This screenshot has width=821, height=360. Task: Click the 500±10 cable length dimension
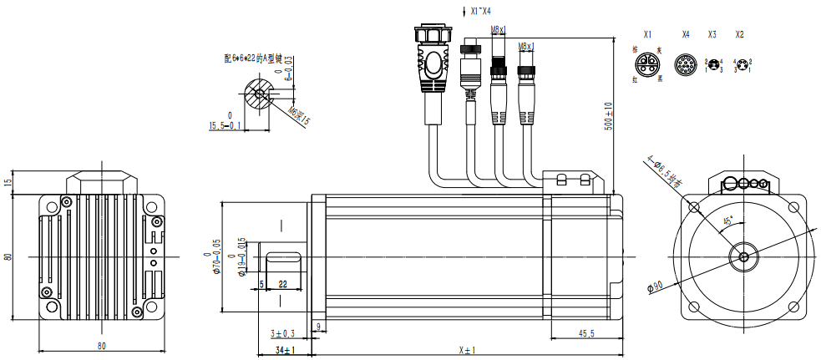[609, 116]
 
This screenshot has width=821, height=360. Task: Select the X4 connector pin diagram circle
[686, 65]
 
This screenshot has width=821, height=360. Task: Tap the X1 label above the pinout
[647, 35]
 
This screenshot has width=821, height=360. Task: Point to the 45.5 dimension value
[585, 333]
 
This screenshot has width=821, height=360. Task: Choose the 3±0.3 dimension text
[284, 333]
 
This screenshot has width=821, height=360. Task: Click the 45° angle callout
[727, 221]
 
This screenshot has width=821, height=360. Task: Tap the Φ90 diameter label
[655, 286]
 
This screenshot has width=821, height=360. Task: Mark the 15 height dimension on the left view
[8, 182]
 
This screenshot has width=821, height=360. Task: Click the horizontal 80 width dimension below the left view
[102, 345]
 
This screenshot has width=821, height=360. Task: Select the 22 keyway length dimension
[282, 284]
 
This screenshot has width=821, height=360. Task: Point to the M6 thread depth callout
[298, 115]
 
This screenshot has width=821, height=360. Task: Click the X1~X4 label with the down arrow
[478, 11]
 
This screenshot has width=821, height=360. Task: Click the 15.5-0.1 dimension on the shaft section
[225, 126]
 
